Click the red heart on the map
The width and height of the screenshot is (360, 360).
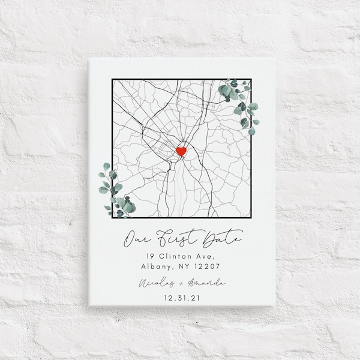point(181,151)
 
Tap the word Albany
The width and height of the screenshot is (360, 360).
point(156,267)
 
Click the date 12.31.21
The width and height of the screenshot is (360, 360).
point(181,296)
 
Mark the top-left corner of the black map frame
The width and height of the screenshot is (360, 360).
point(113,80)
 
